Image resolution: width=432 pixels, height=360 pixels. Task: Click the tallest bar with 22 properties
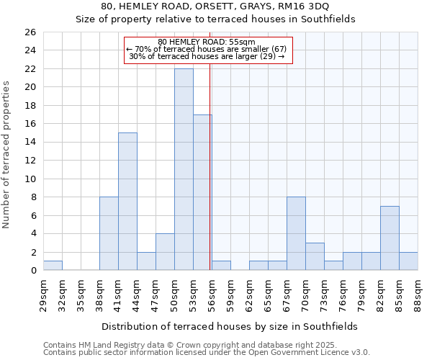(x=184, y=169)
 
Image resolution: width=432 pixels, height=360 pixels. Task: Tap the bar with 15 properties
(x=127, y=202)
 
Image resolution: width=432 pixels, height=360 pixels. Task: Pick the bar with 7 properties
(x=390, y=238)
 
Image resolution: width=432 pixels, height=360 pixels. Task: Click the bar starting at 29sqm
(x=53, y=266)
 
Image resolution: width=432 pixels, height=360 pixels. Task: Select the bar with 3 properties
(x=315, y=256)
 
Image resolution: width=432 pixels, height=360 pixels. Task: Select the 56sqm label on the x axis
(x=212, y=292)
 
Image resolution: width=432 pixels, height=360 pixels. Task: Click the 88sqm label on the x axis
(x=418, y=292)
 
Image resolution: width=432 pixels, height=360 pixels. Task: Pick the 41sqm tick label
(x=118, y=292)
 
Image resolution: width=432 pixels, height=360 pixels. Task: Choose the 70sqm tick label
(x=305, y=292)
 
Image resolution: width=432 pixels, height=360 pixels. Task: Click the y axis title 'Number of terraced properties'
(x=7, y=155)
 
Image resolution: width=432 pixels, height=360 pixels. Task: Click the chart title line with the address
(x=215, y=6)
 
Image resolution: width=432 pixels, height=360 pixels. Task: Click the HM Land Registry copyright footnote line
(x=206, y=346)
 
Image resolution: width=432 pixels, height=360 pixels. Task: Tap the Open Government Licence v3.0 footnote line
(x=206, y=353)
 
